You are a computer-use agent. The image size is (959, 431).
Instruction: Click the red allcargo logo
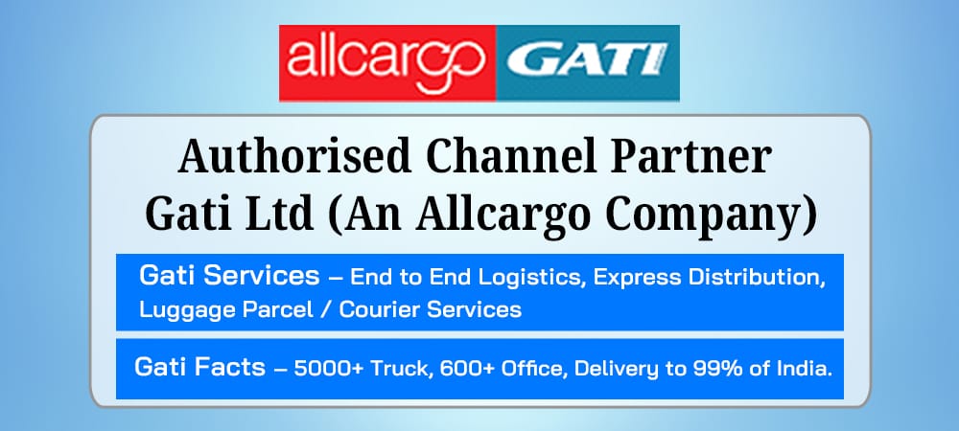[387, 63]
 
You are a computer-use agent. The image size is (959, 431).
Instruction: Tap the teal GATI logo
[588, 63]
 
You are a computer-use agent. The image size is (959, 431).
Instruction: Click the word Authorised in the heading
[294, 157]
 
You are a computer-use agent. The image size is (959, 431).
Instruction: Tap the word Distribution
[758, 278]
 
